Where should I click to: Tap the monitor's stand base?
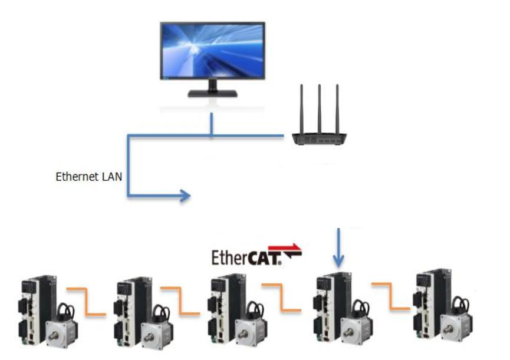(x=212, y=93)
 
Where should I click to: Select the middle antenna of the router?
(x=320, y=109)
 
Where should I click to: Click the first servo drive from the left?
(x=32, y=309)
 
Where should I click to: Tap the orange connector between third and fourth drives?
(x=281, y=298)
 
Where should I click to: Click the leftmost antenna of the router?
(x=302, y=109)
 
